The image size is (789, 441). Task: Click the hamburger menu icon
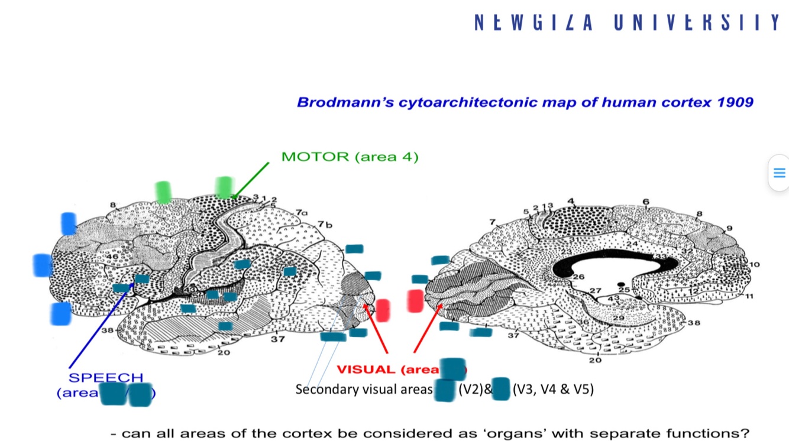779,173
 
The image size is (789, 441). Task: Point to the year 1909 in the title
735,102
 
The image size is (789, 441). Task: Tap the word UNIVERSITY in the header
697,22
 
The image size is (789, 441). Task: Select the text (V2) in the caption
469,390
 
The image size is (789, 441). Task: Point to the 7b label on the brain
324,224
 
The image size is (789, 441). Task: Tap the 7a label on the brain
302,212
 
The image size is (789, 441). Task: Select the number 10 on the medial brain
754,264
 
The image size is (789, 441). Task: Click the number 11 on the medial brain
749,296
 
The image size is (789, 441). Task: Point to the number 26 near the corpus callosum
578,277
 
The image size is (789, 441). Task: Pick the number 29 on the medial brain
618,318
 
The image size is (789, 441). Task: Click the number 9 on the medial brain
729,228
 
